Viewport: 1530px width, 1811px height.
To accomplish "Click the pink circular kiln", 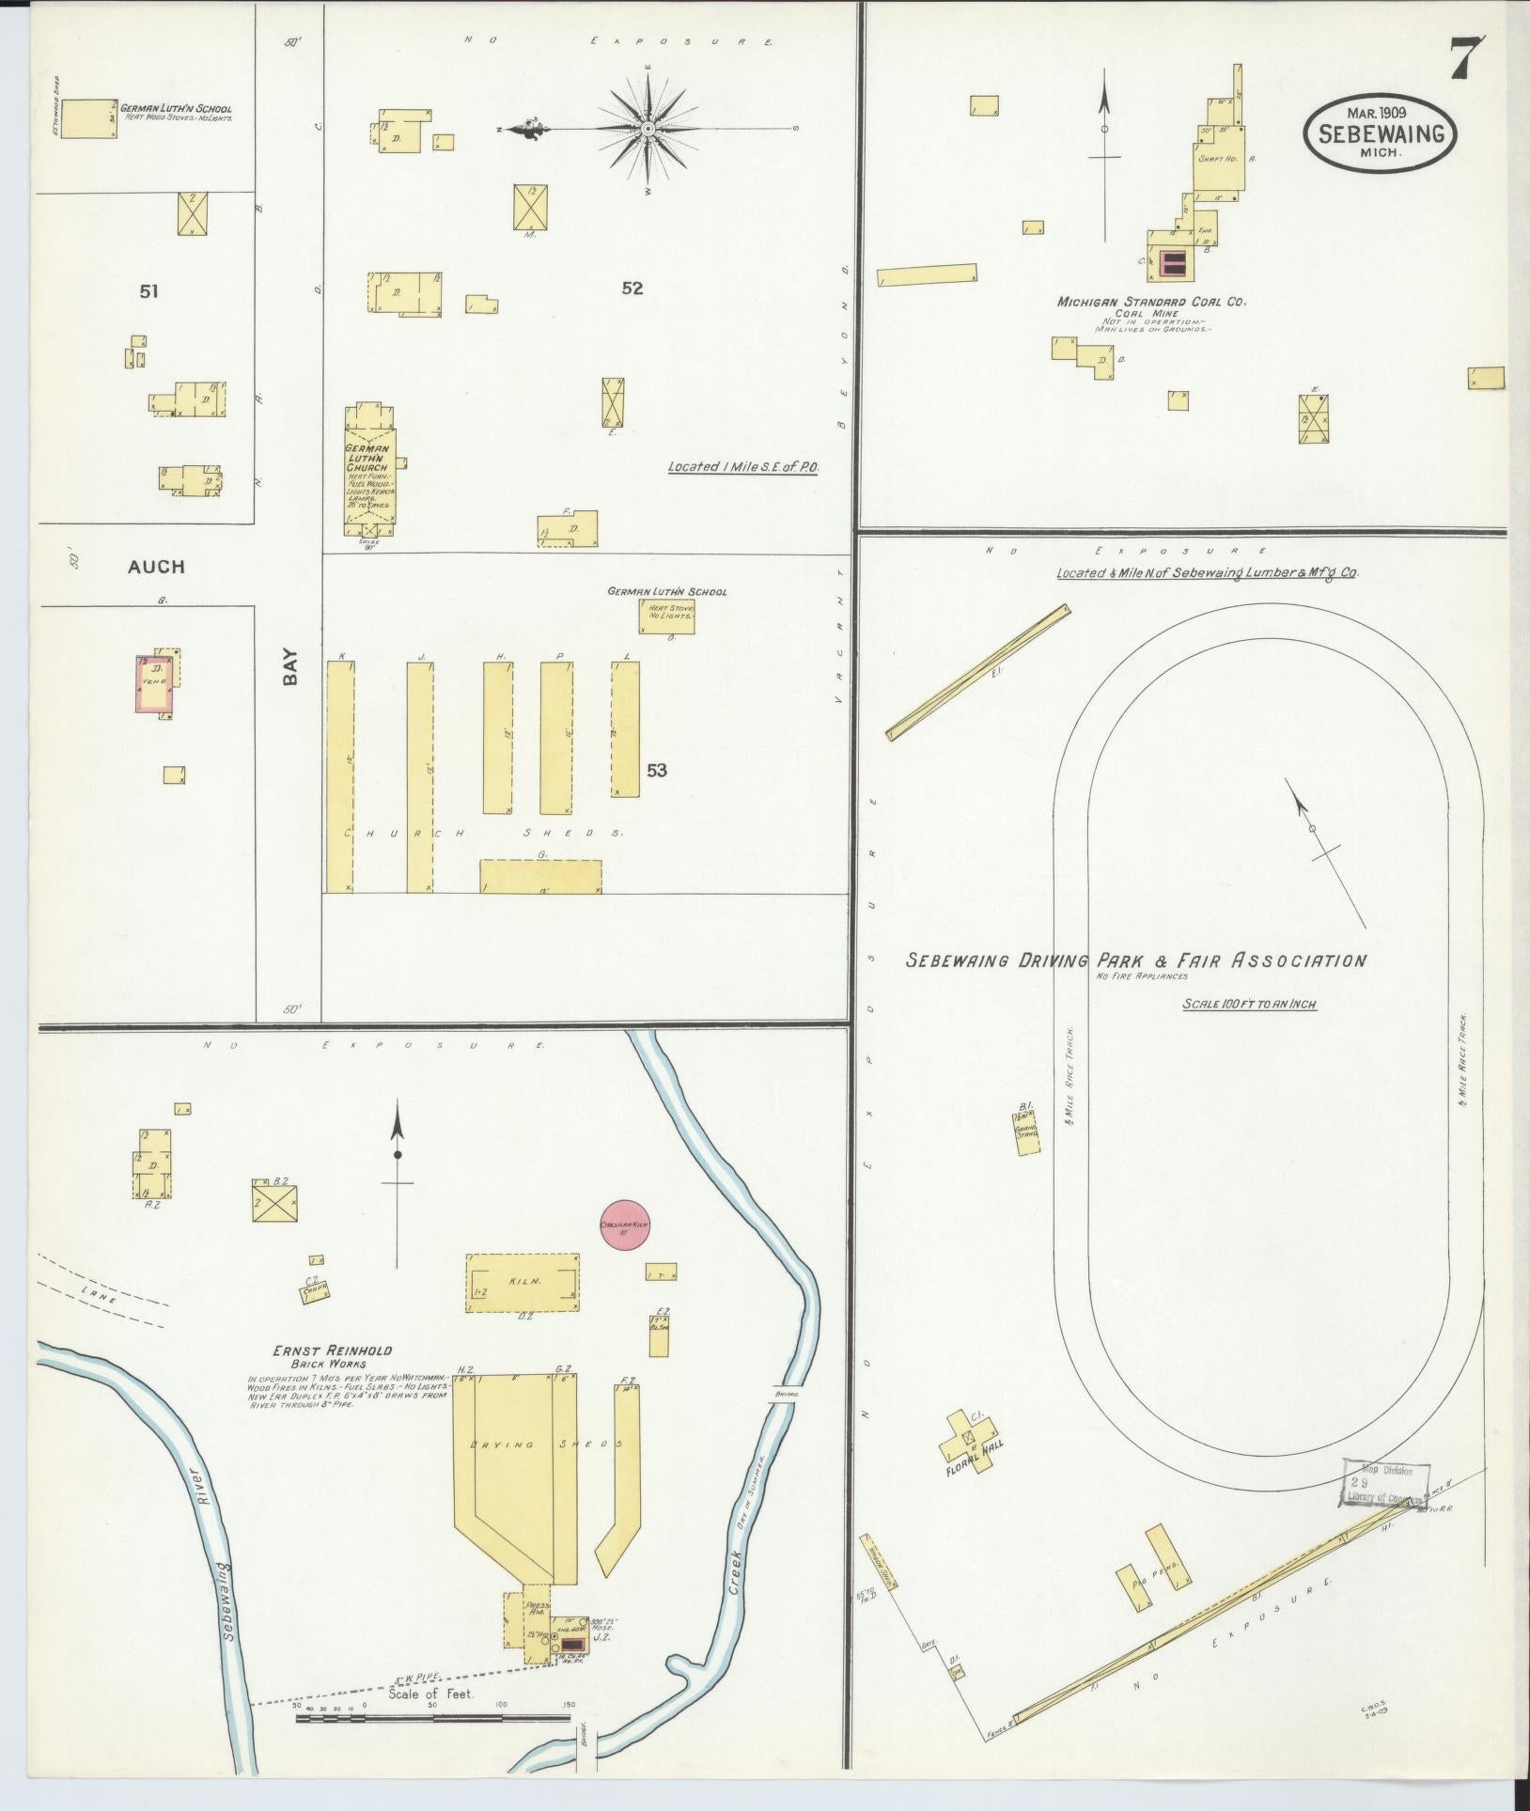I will (x=625, y=1226).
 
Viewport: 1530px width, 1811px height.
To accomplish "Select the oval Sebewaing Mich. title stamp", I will (x=1380, y=134).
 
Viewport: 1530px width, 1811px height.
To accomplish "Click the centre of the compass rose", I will (x=648, y=128).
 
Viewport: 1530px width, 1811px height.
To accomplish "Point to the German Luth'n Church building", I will (x=369, y=466).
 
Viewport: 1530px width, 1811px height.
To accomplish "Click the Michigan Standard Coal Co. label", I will (x=1150, y=303).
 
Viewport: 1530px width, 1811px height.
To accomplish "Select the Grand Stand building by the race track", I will (x=1027, y=1133).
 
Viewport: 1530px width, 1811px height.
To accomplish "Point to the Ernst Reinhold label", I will (x=332, y=1350).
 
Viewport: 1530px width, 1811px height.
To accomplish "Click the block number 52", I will (x=632, y=289).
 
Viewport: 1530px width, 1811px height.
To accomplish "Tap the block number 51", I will (x=148, y=291).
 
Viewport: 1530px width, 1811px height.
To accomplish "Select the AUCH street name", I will (x=156, y=567).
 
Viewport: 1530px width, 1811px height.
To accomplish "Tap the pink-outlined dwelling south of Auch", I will (x=155, y=684).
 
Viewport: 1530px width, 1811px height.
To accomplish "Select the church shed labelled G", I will (x=540, y=876).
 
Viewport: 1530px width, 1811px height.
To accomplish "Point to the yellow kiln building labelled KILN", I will (x=523, y=1281).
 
